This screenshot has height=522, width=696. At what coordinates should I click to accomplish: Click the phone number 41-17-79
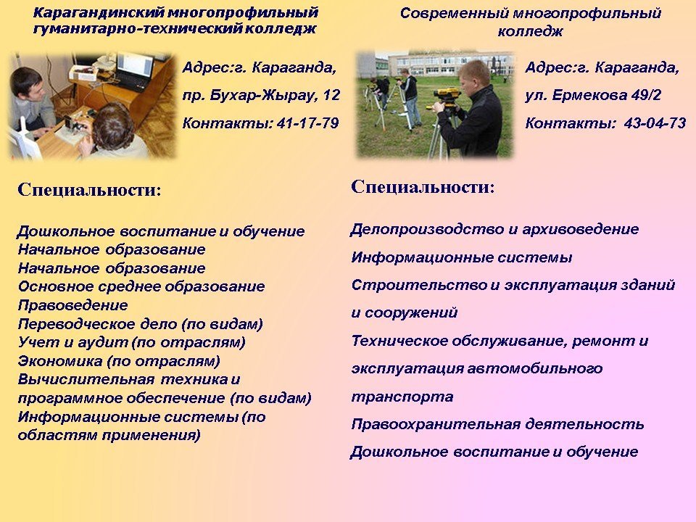(307, 123)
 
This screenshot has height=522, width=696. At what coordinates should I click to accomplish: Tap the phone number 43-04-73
(655, 123)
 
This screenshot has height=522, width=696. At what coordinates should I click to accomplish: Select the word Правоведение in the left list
(72, 305)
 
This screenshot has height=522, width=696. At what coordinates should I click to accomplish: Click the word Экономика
(60, 361)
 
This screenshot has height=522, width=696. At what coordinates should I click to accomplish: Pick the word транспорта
(402, 397)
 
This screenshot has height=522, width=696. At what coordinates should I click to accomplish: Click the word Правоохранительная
(436, 425)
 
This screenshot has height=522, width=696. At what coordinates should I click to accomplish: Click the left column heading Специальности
(88, 190)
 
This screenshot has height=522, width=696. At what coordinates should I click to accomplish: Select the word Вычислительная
(86, 379)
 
